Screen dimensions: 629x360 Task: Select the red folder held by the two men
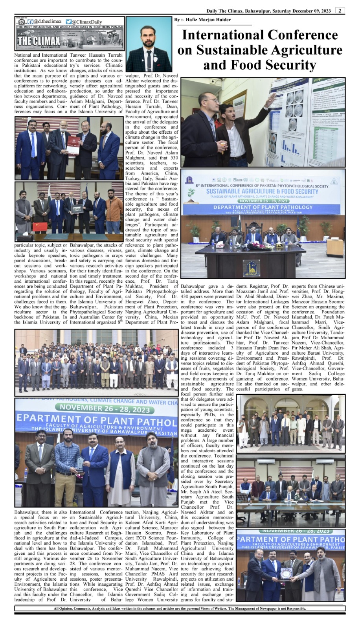(x=73, y=146)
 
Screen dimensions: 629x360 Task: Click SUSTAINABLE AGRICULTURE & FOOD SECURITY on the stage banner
(x=262, y=191)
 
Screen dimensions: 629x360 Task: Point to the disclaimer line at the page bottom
(x=180, y=609)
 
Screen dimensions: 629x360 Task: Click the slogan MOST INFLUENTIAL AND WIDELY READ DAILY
(x=70, y=27)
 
